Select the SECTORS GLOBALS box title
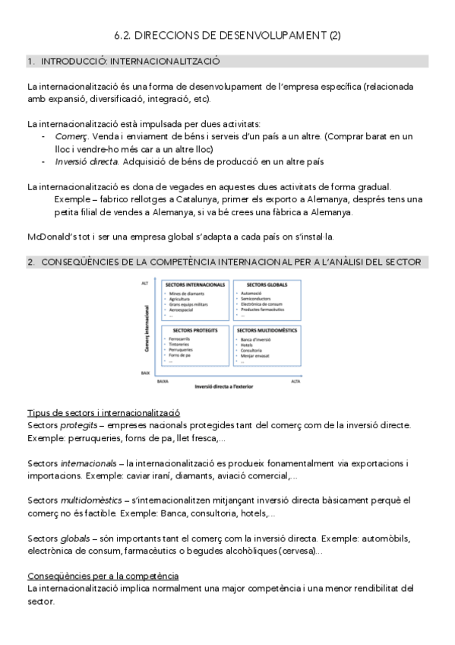[x=263, y=284]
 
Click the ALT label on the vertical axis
[x=144, y=283]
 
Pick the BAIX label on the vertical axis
[x=145, y=373]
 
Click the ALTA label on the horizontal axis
[x=296, y=382]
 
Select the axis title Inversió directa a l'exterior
[x=226, y=386]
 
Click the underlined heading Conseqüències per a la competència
[x=103, y=576]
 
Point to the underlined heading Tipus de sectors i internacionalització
[x=103, y=412]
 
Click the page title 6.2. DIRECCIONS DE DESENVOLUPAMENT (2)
[x=227, y=35]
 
